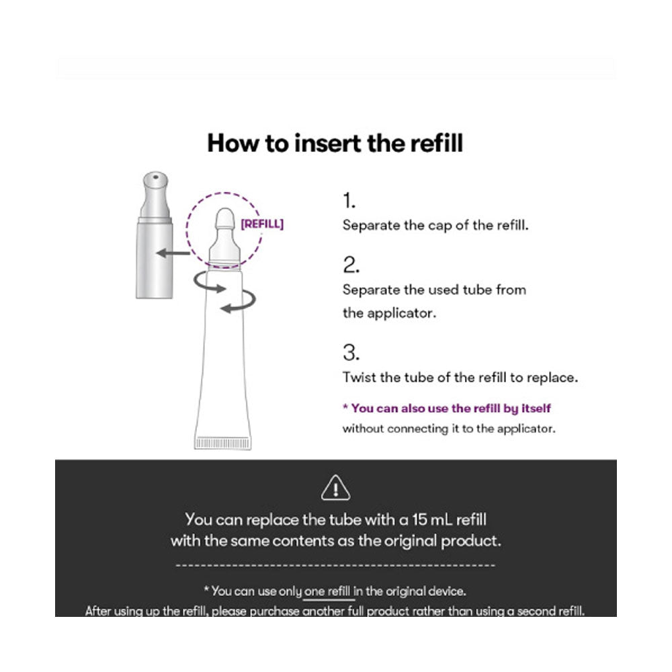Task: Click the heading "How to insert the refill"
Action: (335, 142)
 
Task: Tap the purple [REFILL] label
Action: (262, 224)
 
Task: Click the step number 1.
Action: (349, 200)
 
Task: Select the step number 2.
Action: (351, 265)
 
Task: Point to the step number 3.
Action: (351, 352)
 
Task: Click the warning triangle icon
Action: (335, 488)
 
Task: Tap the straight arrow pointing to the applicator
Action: (173, 253)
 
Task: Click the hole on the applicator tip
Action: (156, 177)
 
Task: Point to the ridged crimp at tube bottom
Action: (223, 443)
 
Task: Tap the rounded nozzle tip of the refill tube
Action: (225, 218)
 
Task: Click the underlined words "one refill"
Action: (327, 591)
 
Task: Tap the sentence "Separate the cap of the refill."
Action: (435, 225)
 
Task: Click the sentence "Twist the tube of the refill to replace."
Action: (460, 378)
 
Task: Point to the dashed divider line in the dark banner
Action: (335, 566)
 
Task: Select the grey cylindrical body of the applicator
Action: (155, 259)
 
